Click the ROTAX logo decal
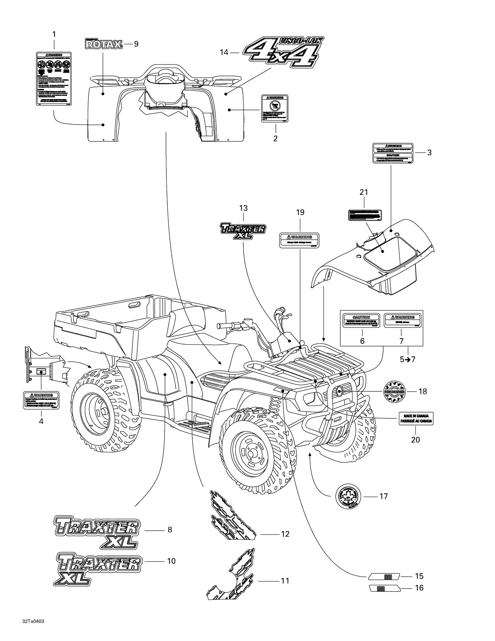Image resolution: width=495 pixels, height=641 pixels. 104,44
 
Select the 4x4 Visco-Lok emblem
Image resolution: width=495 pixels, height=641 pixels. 283,52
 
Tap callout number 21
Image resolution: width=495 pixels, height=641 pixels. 364,192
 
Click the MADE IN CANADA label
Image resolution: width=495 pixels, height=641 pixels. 416,418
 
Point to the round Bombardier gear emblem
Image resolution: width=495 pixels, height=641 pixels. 394,391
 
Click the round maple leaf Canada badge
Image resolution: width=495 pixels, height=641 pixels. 348,496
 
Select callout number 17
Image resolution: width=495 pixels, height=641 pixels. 383,496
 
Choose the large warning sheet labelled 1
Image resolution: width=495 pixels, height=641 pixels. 54,79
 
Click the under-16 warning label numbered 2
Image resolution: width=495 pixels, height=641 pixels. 275,108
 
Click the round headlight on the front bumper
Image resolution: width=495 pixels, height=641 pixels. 339,392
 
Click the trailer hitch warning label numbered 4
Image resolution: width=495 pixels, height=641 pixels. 41,400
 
